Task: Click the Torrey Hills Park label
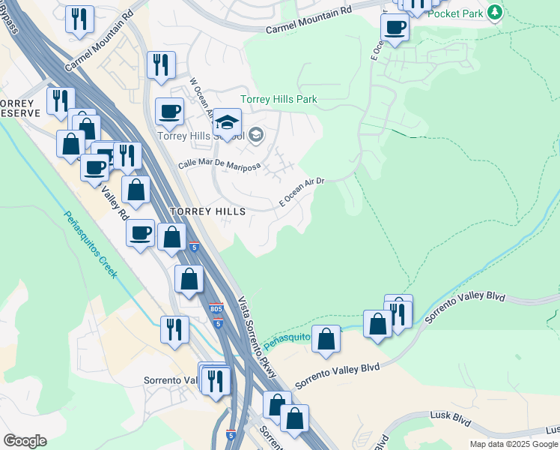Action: click(279, 99)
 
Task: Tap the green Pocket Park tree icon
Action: click(493, 12)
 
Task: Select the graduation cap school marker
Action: click(227, 122)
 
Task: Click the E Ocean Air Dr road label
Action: click(301, 192)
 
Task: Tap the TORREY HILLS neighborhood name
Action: click(207, 212)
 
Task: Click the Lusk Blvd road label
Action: click(448, 414)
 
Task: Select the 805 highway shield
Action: click(216, 308)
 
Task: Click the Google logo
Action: click(25, 441)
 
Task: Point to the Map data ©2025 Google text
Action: click(513, 444)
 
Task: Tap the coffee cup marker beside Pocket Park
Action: click(395, 28)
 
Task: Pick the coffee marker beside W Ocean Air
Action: click(169, 112)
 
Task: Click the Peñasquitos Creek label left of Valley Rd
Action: click(90, 244)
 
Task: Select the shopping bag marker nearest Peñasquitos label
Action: click(326, 339)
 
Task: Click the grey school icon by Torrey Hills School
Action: click(256, 135)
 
